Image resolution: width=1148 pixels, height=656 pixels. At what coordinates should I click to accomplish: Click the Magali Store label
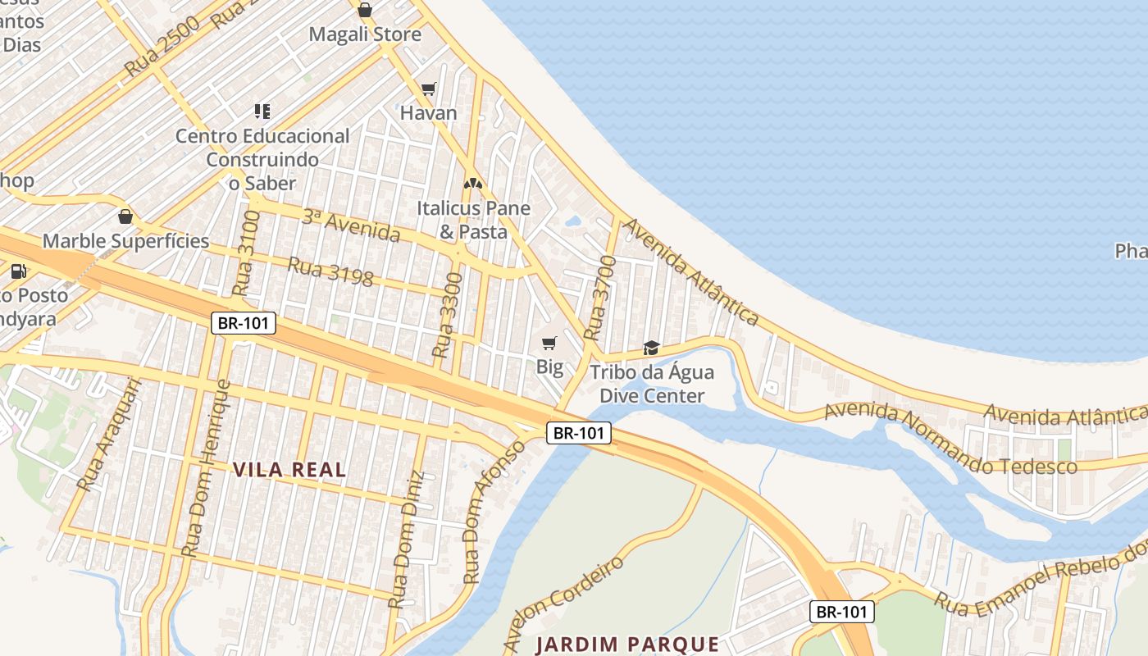click(365, 34)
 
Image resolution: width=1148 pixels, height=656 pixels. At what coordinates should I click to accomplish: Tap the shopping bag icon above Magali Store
click(365, 11)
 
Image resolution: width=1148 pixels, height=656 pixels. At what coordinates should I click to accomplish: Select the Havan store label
click(428, 113)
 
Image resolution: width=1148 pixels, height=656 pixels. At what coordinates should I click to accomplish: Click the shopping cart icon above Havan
click(428, 89)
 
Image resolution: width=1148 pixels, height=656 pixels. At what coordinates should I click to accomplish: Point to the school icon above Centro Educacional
click(262, 111)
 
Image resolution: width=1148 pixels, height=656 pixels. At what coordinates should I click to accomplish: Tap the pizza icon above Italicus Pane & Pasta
click(472, 184)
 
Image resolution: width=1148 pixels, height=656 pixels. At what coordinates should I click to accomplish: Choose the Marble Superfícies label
click(125, 241)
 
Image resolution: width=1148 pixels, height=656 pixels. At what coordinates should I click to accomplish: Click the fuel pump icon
click(18, 271)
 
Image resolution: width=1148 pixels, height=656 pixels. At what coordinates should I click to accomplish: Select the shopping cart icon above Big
click(549, 343)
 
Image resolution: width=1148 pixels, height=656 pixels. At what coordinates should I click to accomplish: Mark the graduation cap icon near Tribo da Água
click(651, 348)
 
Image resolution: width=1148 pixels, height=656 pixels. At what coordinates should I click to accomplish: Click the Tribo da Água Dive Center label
click(652, 384)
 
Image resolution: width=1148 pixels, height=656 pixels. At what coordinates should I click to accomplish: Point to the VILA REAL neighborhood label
click(289, 470)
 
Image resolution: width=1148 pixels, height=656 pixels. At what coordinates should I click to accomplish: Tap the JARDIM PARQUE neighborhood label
click(627, 645)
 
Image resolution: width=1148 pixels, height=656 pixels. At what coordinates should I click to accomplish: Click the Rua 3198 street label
click(330, 271)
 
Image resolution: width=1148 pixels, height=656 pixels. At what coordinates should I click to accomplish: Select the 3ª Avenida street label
click(351, 225)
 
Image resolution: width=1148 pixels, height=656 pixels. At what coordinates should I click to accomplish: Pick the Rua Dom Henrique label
click(207, 468)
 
